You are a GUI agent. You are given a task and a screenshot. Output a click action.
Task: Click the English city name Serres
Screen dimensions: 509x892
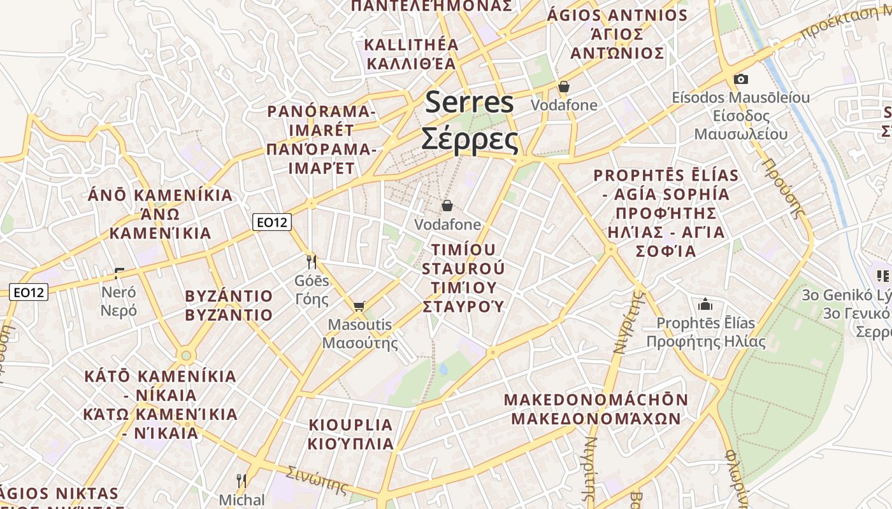(469, 102)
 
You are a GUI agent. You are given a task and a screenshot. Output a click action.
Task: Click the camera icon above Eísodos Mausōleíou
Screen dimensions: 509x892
(740, 80)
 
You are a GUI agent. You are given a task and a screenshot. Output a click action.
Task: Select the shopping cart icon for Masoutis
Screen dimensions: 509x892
(359, 307)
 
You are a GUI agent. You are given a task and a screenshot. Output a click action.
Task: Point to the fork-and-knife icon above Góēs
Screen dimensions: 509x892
(312, 261)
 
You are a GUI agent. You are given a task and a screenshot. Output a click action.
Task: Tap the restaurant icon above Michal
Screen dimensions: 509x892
(241, 480)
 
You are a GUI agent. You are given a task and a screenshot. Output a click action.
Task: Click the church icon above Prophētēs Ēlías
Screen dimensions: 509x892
(705, 304)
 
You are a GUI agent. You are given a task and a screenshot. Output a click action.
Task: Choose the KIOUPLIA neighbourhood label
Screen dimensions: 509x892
(350, 425)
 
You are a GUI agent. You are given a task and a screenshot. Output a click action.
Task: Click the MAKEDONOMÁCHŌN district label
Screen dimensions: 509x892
(596, 400)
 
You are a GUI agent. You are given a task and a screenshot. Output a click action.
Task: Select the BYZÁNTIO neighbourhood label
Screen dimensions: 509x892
(229, 296)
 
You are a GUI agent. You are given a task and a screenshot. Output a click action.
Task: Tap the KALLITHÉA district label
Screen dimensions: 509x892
(411, 45)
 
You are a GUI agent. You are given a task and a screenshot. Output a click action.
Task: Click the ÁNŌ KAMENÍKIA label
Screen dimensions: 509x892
(160, 195)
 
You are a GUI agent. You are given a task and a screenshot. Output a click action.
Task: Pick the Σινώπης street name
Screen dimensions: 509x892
(317, 481)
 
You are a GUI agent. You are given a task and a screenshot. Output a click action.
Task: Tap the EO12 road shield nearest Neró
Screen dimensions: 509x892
(29, 293)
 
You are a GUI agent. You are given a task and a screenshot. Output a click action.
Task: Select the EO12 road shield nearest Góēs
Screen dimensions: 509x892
(271, 222)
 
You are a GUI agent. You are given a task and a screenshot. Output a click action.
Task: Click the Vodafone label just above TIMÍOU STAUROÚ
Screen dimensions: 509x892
(447, 225)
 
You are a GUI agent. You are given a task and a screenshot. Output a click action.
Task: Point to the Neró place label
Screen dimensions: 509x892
(119, 293)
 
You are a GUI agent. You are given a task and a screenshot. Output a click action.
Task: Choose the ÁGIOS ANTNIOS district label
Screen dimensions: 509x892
(617, 15)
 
